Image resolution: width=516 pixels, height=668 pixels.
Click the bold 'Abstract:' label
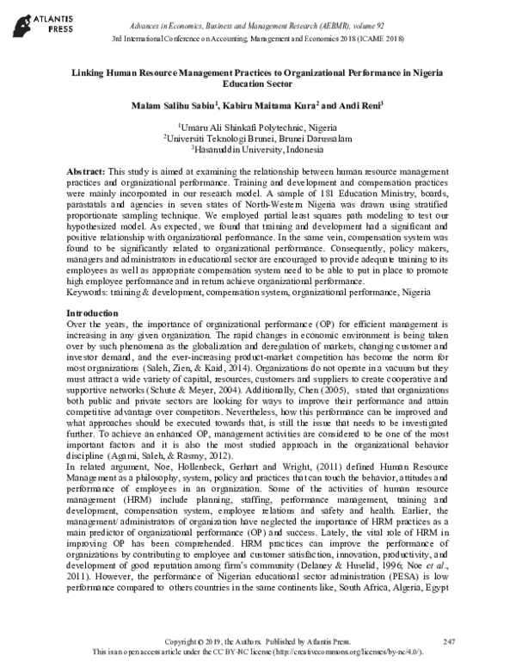point(87,172)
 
